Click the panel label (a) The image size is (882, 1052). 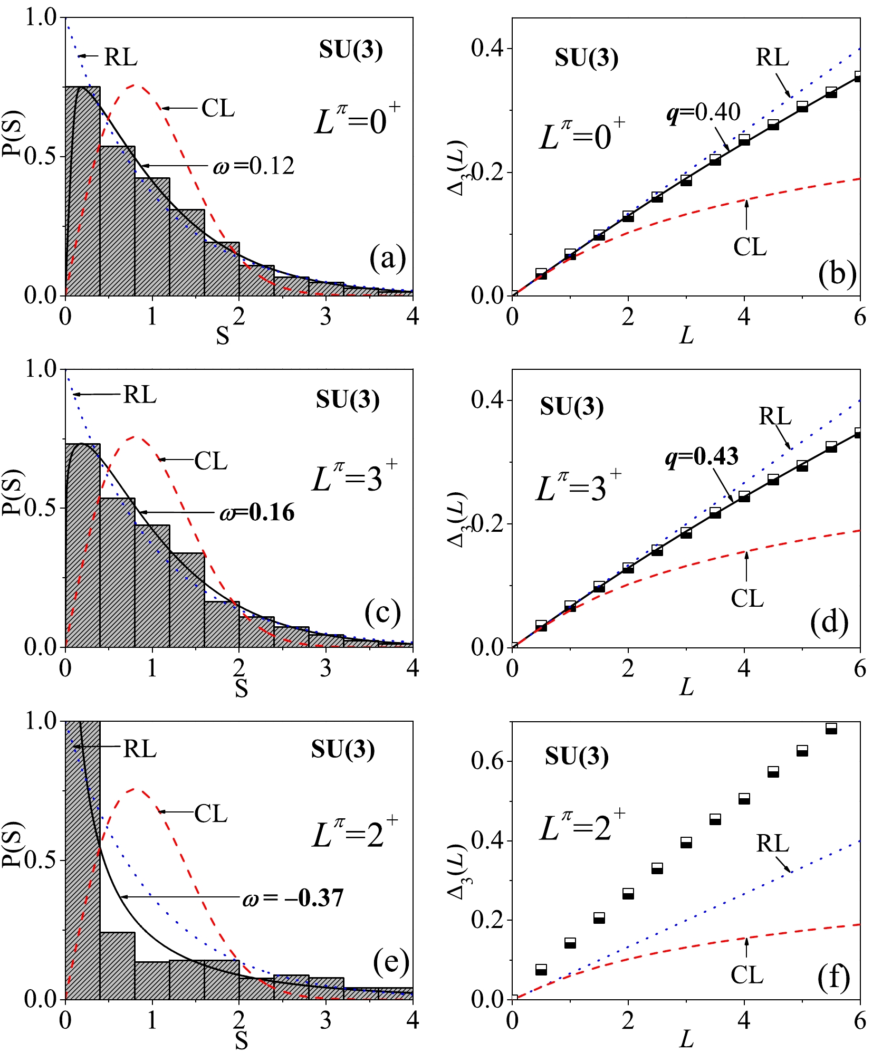[388, 259]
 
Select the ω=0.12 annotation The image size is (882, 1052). [254, 166]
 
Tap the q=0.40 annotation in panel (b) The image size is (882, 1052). [704, 112]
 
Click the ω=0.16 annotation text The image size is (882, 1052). [257, 513]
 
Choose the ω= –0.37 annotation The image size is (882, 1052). [293, 897]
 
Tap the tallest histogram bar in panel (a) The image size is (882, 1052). [83, 190]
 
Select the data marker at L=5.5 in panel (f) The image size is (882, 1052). [831, 729]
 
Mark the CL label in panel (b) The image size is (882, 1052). [750, 246]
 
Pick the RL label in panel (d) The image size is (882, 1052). [775, 417]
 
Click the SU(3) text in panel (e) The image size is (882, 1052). [343, 749]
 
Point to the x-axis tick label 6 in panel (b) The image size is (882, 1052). [860, 317]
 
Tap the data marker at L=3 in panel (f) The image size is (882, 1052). [686, 843]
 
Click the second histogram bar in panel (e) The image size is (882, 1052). [117, 965]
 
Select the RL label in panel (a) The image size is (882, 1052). [121, 57]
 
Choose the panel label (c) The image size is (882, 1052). [382, 612]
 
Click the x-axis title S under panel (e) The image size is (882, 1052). [241, 1040]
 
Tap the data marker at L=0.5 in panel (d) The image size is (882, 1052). [541, 626]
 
